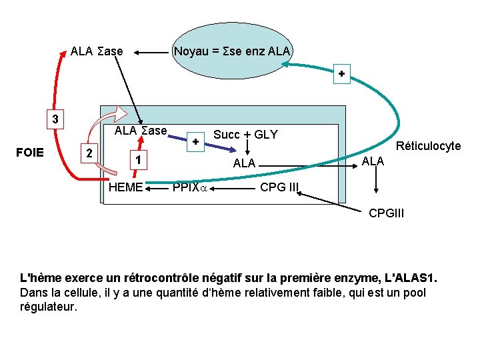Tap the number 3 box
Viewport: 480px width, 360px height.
pyautogui.click(x=56, y=120)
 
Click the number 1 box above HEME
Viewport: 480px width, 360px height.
pyautogui.click(x=137, y=160)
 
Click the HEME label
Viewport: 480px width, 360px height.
pyautogui.click(x=125, y=187)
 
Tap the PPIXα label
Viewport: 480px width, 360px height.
pyautogui.click(x=191, y=188)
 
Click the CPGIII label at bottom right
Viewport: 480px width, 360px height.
pyautogui.click(x=387, y=213)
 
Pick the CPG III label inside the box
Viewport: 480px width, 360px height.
pyautogui.click(x=279, y=187)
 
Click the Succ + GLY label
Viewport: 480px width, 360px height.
pyautogui.click(x=245, y=135)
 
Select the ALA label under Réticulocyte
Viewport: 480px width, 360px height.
pyautogui.click(x=373, y=161)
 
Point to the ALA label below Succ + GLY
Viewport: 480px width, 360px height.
pyautogui.click(x=244, y=163)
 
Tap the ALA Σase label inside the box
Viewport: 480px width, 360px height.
pyautogui.click(x=141, y=131)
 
